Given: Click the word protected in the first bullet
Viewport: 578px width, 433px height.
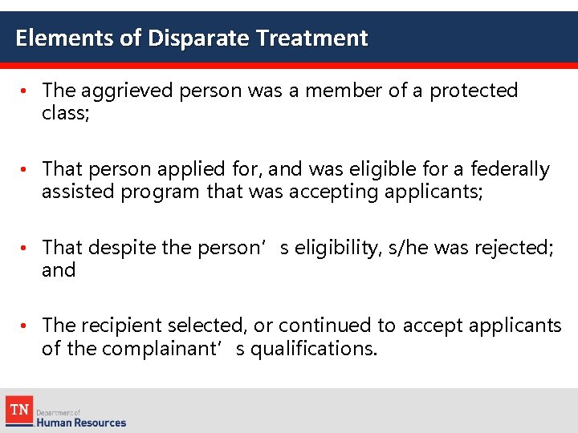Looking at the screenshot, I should point(474,91).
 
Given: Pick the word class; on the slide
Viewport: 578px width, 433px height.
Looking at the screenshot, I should point(64,114).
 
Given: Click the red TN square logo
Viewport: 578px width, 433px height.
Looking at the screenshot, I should point(18,409).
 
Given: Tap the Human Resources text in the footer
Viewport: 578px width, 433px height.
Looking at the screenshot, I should point(81,422).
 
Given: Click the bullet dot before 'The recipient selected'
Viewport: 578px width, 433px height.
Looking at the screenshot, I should point(26,325).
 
